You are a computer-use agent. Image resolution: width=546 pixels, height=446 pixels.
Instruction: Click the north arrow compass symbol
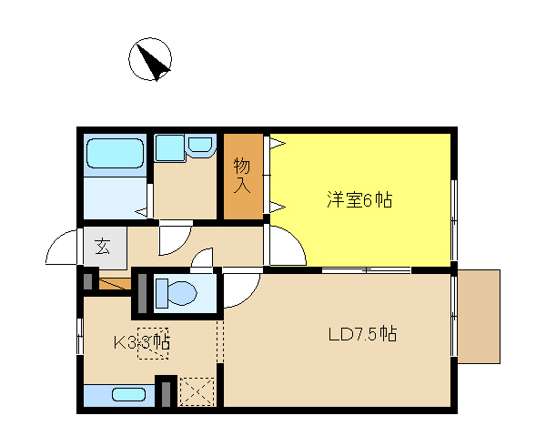click(150, 59)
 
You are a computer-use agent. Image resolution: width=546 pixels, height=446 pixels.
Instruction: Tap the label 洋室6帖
click(359, 200)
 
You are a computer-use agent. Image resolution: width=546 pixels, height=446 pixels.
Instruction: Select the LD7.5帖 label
click(362, 334)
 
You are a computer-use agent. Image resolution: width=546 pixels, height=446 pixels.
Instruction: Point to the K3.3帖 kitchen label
click(141, 342)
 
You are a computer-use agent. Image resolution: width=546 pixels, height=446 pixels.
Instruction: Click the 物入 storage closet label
click(242, 175)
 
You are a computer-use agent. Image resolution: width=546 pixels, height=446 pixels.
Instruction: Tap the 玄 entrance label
click(103, 246)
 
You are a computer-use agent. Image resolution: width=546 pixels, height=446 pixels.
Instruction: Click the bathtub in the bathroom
click(115, 154)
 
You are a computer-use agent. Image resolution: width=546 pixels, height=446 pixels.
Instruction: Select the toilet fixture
click(176, 293)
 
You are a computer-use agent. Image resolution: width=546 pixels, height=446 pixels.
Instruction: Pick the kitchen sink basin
click(128, 395)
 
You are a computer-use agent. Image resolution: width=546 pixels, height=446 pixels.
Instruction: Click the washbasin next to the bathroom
click(200, 145)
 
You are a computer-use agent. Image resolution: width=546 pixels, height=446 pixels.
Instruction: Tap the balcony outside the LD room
click(480, 317)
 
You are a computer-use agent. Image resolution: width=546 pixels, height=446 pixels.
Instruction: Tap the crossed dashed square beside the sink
click(197, 391)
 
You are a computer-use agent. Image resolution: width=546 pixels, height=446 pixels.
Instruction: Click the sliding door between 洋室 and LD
click(367, 269)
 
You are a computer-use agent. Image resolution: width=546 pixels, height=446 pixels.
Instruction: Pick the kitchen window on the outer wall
click(80, 337)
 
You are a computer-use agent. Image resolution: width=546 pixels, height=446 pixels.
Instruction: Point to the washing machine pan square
click(153, 343)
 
